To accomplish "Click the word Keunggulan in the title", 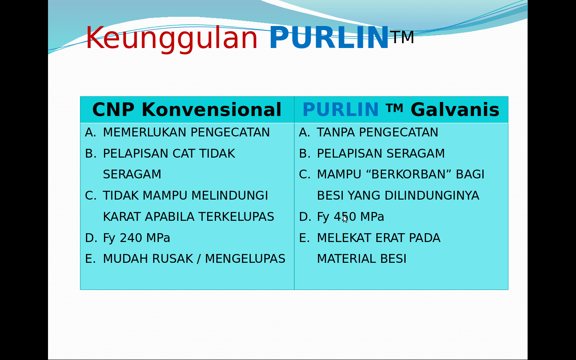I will pos(172,38).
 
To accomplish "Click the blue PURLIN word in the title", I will pos(329,38).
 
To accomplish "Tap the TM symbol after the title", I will pos(402,37).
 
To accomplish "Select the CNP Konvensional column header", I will pos(187,110).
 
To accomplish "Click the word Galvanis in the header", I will pos(455,110).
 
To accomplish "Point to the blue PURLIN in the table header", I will pos(340,110).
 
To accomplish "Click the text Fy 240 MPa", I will pos(136,238).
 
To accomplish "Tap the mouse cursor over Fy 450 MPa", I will pos(345,218).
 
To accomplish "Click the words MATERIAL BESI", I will pos(362,259).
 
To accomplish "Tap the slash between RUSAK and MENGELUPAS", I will pos(199,259).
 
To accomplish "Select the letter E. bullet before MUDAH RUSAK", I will pos(90,259).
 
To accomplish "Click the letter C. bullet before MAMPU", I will pos(304,174).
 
